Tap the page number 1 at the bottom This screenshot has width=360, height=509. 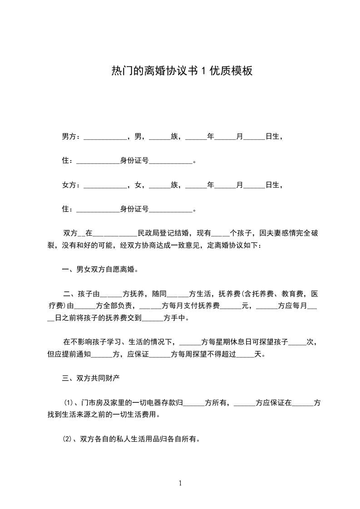coord(180,483)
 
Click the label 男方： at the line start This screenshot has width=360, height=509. coord(71,136)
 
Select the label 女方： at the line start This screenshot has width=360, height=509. coord(71,185)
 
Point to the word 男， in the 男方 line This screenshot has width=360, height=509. coord(138,136)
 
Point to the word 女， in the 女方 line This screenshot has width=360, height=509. coord(138,185)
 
